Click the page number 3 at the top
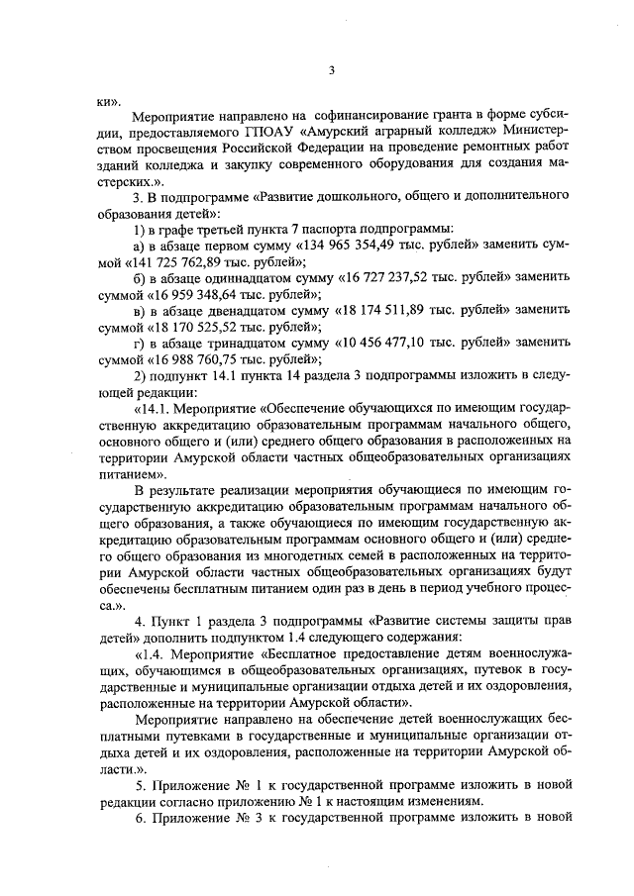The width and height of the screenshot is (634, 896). click(333, 69)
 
